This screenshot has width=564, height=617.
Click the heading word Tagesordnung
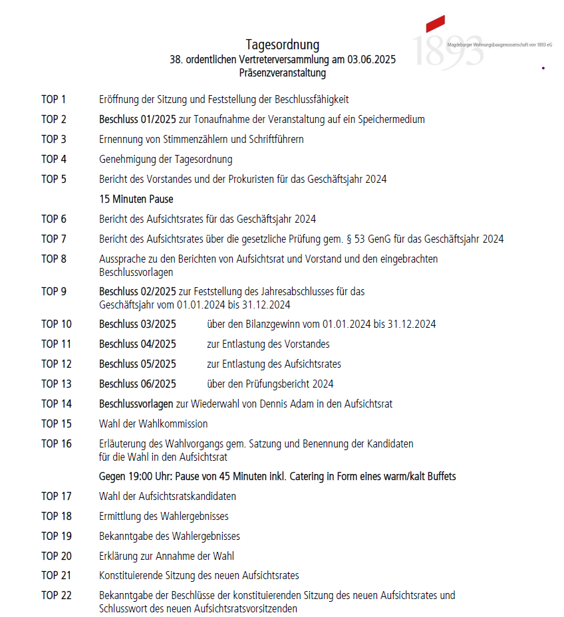(282, 45)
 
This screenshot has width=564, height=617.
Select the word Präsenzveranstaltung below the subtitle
(282, 73)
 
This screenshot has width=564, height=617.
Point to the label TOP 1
(54, 100)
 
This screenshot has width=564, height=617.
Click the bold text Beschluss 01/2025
(138, 120)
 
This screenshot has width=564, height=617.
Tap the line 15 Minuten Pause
(136, 199)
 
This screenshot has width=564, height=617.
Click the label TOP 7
(54, 239)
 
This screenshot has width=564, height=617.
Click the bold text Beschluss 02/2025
(138, 291)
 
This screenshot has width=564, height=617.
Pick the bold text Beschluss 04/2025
(138, 344)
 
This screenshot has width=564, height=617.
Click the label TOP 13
(56, 384)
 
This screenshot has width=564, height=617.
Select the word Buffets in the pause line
(439, 477)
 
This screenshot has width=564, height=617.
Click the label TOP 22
(56, 596)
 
